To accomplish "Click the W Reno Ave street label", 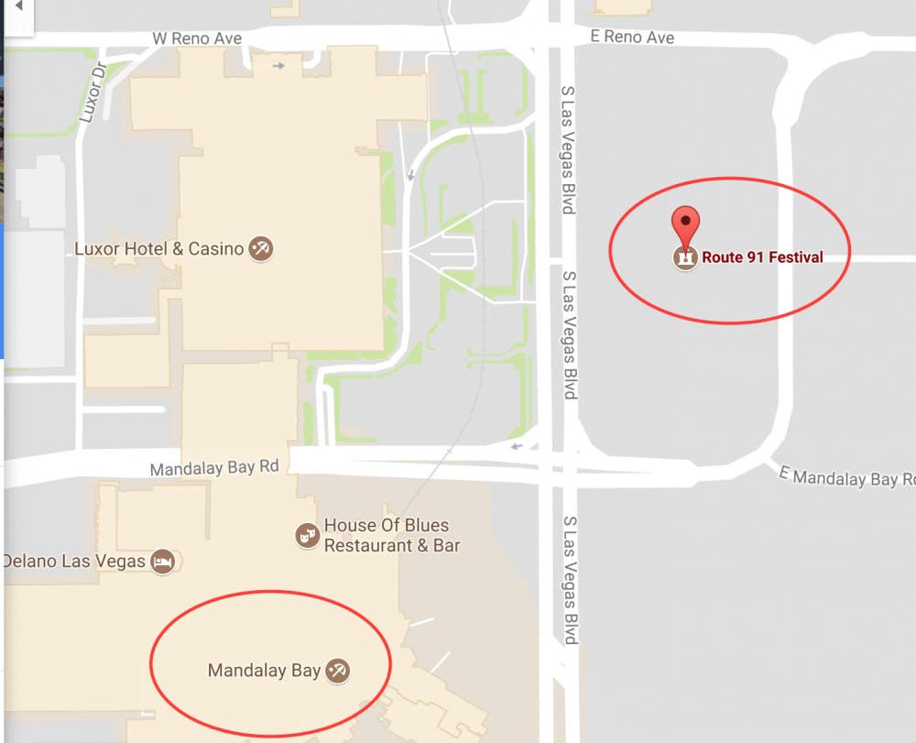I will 197,38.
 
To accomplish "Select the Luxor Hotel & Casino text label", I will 158,248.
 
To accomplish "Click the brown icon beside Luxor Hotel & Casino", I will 261,248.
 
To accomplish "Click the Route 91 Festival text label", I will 762,257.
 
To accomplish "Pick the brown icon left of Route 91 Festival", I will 685,257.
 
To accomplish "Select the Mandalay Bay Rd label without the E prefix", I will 213,467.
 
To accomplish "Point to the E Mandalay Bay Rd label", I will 846,476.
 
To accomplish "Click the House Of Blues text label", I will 387,525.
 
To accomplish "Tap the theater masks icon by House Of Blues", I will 307,535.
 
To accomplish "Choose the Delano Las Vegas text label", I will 73,561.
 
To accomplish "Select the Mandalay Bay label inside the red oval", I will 264,671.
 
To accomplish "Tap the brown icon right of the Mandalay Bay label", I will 338,671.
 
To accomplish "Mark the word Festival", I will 795,257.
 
